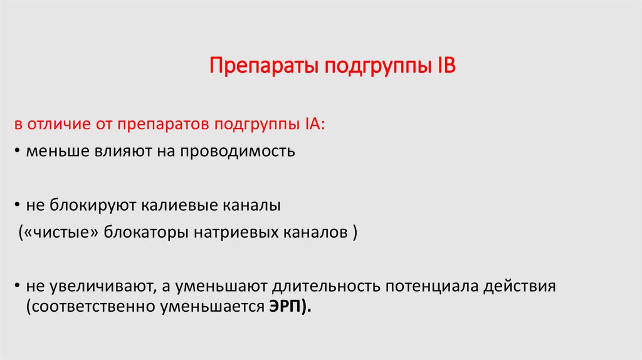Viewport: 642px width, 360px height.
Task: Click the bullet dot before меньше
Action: tap(18, 152)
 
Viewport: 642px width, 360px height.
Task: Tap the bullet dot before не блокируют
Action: tap(18, 206)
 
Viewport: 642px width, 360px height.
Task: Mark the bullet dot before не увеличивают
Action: tap(18, 287)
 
